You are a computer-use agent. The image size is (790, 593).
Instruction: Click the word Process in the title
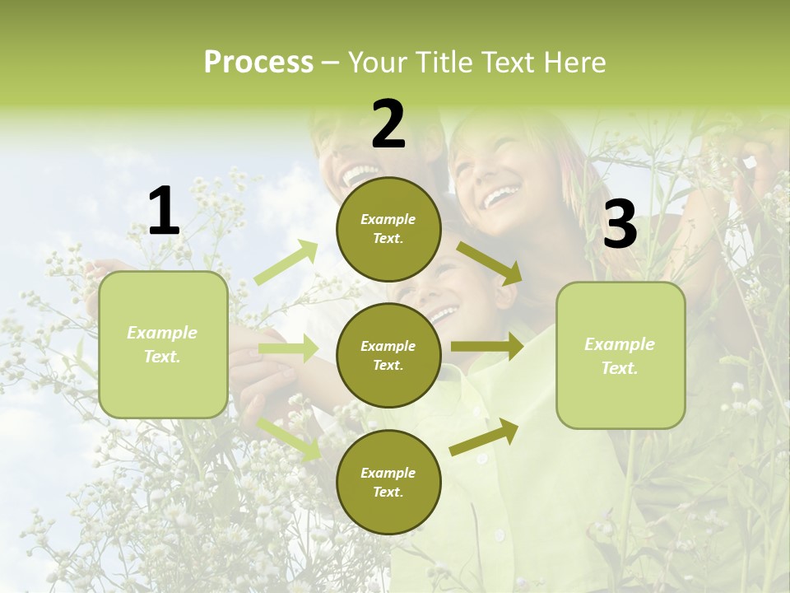click(x=258, y=63)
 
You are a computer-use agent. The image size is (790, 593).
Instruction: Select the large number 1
click(x=164, y=212)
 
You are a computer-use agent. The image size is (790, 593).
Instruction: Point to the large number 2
click(x=388, y=124)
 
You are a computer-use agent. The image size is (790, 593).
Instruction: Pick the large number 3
click(x=620, y=225)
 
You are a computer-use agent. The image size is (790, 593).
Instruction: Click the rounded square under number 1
click(x=163, y=344)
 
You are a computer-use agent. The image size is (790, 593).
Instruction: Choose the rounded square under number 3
click(x=620, y=356)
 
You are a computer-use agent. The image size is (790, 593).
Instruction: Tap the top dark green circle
click(x=388, y=229)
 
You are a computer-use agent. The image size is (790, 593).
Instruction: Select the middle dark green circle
click(x=388, y=356)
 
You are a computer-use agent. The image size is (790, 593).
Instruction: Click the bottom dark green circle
click(x=388, y=483)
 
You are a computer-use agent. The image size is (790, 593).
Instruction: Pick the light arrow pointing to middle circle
click(x=288, y=348)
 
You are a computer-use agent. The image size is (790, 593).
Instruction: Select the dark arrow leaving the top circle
click(x=488, y=263)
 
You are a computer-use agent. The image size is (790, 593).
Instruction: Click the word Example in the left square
click(x=162, y=333)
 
